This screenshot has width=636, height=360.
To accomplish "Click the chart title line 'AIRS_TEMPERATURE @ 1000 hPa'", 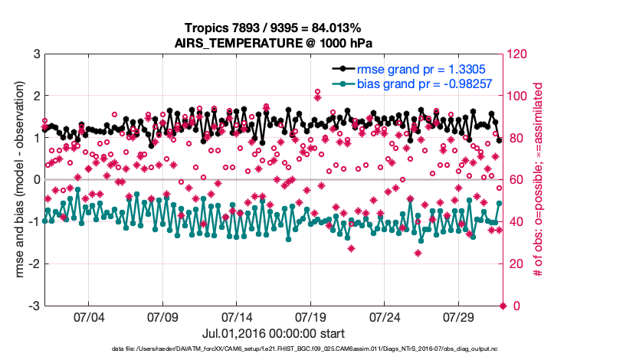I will click(x=274, y=43).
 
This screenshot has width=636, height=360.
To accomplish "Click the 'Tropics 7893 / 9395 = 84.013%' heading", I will click(x=274, y=28).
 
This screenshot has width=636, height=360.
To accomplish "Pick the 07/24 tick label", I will click(x=385, y=316).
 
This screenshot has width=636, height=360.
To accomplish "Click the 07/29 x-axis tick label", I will click(x=459, y=316).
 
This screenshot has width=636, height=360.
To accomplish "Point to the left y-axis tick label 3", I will click(x=36, y=54).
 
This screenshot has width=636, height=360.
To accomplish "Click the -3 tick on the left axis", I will click(x=34, y=306).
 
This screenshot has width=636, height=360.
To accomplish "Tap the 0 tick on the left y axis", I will click(x=36, y=180).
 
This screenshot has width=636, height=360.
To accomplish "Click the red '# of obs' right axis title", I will click(x=538, y=180).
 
